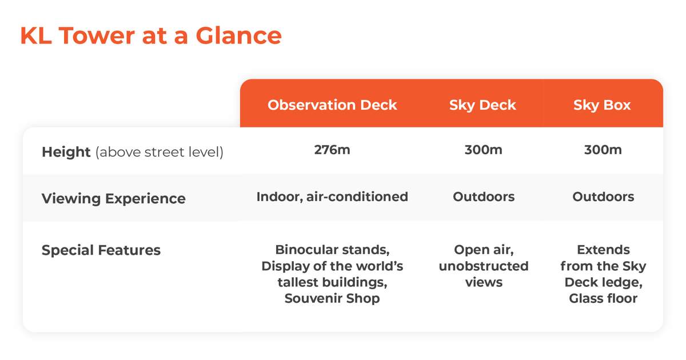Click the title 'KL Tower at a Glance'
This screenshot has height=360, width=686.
tap(151, 36)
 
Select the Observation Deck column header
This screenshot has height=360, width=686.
tap(332, 105)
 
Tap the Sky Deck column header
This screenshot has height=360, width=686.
tap(482, 105)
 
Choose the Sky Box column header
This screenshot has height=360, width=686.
tap(602, 105)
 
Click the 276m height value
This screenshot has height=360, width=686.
tap(332, 150)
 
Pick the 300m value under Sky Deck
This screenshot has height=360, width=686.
tap(484, 150)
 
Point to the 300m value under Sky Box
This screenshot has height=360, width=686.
tap(603, 150)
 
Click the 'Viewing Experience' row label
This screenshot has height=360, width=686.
tap(114, 199)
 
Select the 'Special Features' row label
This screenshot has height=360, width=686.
tap(101, 250)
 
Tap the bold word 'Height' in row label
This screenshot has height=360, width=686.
tap(66, 152)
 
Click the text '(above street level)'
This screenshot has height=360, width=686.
tap(159, 152)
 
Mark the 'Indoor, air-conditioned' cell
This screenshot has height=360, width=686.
tap(332, 197)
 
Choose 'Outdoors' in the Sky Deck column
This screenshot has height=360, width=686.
tap(484, 197)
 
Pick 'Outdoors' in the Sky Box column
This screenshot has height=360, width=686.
tap(603, 197)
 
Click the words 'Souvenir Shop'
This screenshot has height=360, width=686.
tap(332, 298)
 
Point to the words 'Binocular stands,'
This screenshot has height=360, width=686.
tap(332, 250)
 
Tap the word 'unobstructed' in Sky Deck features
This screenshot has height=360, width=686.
tap(484, 266)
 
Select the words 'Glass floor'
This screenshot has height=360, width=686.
tap(603, 298)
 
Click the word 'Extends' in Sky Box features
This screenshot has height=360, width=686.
tap(603, 250)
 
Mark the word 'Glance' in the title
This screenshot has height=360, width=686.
tap(238, 36)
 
